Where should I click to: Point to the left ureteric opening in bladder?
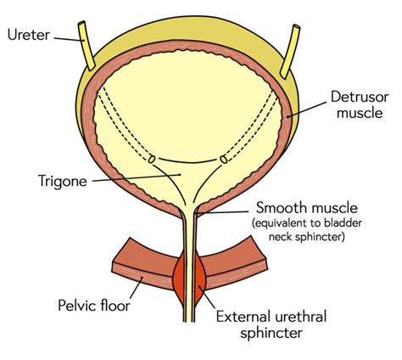[151, 158]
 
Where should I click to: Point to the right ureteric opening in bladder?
[224, 158]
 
